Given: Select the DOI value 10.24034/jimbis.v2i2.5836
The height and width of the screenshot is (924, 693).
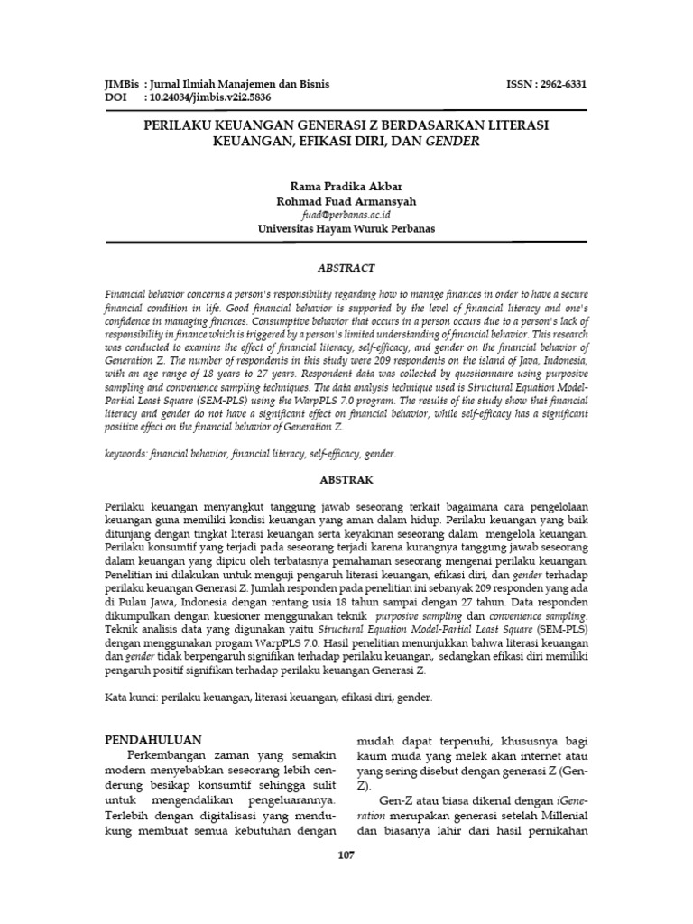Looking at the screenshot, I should [x=210, y=97].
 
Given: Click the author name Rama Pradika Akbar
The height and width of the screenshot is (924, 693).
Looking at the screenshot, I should [x=346, y=185].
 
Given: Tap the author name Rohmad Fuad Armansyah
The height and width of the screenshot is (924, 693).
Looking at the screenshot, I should [x=346, y=200].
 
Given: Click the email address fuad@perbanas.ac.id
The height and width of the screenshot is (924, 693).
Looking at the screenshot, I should [x=346, y=215].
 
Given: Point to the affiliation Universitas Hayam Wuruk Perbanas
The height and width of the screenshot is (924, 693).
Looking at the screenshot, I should [x=346, y=229].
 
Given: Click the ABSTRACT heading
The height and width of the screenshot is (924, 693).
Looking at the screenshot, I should [x=346, y=268].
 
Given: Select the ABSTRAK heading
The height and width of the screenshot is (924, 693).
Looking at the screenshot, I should [x=346, y=480].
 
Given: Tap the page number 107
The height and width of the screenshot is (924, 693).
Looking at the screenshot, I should [x=346, y=855].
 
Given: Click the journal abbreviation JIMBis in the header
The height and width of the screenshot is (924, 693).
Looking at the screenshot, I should [x=123, y=84].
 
